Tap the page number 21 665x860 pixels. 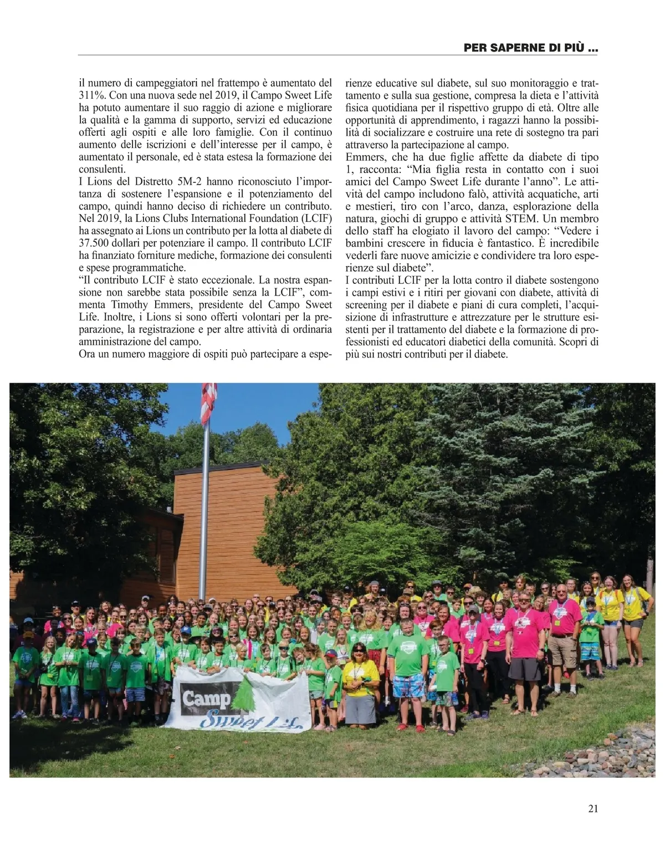click(x=592, y=808)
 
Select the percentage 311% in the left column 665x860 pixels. click(x=91, y=95)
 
